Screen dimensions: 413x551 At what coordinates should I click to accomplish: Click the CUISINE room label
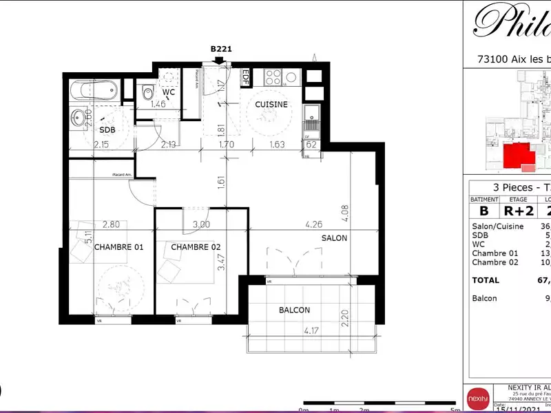(271, 105)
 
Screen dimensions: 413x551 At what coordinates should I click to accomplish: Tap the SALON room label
(334, 238)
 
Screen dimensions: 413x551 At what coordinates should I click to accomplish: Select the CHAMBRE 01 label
(118, 247)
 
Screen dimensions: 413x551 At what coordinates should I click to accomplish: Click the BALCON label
(294, 310)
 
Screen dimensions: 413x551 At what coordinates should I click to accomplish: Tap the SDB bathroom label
(107, 129)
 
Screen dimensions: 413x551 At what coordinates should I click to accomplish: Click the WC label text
(168, 92)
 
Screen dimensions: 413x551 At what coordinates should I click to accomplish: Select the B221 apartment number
(220, 50)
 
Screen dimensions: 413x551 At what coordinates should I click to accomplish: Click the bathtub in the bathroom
(94, 89)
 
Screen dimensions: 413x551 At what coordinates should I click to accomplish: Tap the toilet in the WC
(146, 92)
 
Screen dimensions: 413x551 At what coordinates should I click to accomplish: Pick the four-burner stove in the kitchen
(272, 76)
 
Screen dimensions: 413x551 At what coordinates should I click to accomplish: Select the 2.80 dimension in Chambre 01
(112, 224)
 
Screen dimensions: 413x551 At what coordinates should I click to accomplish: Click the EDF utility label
(245, 77)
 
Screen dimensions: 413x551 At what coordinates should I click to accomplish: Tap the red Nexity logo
(477, 398)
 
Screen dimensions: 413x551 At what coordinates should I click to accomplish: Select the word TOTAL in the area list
(486, 280)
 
